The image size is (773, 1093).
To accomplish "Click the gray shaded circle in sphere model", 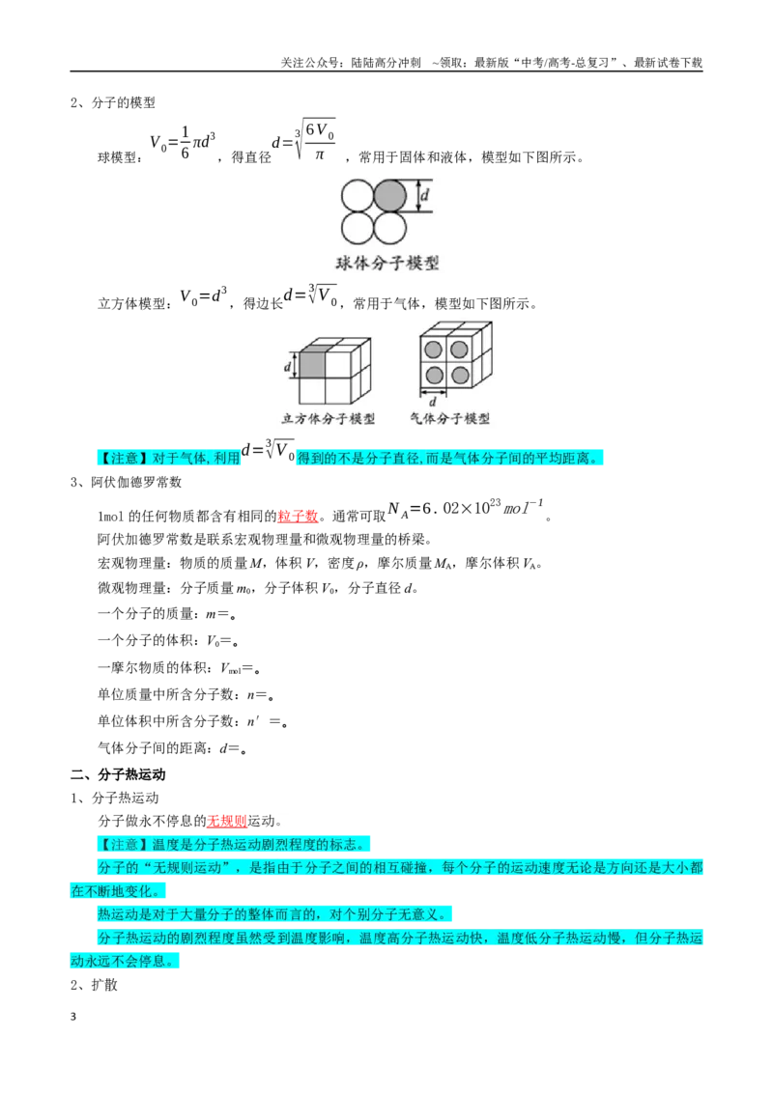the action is [390, 196].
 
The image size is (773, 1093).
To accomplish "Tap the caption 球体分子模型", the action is [387, 263].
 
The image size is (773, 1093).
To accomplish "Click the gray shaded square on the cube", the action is [312, 365].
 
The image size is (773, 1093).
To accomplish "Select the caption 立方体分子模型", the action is [328, 418].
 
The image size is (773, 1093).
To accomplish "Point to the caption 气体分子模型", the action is [449, 418].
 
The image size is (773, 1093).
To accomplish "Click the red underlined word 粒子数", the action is [298, 516].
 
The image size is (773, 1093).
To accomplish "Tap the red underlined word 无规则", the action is [227, 821].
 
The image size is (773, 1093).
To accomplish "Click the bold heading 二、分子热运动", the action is [118, 774].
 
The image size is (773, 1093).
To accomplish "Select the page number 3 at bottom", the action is [73, 1017].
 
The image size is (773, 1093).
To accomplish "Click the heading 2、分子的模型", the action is [113, 102].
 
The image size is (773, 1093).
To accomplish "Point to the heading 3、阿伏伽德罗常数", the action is [127, 482].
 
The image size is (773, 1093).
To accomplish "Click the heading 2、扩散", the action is [94, 984].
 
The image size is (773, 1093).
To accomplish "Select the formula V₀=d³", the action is [203, 295].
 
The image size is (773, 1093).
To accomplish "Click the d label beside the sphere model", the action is [424, 196].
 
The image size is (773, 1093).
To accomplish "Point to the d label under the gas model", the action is [433, 403].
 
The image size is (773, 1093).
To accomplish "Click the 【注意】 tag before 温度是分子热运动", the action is [125, 844].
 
